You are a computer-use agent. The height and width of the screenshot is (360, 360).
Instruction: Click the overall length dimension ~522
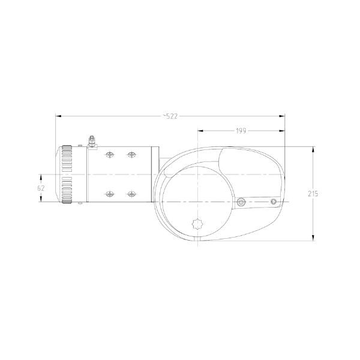click(x=170, y=116)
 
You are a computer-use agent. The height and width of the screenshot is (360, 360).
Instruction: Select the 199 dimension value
click(x=241, y=131)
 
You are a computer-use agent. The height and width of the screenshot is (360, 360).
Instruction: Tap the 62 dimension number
click(x=41, y=188)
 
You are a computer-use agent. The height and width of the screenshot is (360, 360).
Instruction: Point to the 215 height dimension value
click(x=313, y=194)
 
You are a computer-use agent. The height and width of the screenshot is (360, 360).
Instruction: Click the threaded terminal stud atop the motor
click(x=92, y=141)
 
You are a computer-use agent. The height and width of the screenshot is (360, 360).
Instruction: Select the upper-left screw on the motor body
click(x=110, y=155)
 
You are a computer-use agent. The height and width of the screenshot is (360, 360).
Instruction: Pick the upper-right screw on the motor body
click(x=131, y=155)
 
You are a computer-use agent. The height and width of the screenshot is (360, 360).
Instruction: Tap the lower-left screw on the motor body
click(x=110, y=194)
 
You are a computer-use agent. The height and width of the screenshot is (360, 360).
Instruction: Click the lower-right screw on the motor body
click(x=131, y=194)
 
